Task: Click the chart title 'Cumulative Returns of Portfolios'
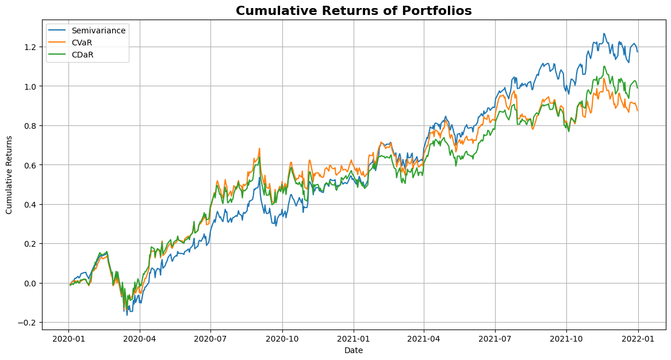coord(354,10)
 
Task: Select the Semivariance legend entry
coord(98,30)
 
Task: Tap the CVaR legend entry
coord(83,43)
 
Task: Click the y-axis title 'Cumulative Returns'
coord(9,174)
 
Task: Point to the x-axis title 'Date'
coord(354,350)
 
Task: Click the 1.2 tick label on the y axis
coord(30,47)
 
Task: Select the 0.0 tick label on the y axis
coord(30,283)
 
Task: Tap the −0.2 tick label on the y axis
coord(28,323)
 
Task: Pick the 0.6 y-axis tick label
coord(30,165)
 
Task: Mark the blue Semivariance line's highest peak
coord(604,33)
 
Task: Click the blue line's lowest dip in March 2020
coord(127,315)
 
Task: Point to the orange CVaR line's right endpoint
coord(637,110)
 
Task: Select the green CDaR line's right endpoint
coord(637,87)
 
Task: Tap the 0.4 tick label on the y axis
coord(30,204)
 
